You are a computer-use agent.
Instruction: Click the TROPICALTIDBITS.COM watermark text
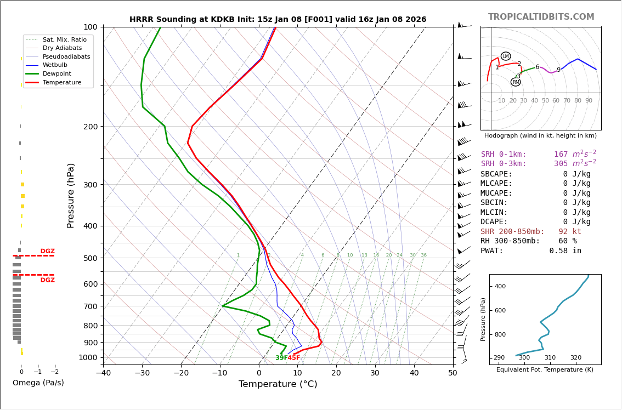541,17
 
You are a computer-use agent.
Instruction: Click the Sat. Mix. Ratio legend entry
64,39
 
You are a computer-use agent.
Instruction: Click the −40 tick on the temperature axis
103,373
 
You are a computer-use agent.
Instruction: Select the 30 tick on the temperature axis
375,373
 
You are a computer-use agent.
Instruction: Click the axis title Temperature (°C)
278,384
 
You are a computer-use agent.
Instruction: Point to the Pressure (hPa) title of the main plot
71,195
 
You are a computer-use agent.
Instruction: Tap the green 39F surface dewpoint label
281,358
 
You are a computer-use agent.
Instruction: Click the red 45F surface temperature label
294,358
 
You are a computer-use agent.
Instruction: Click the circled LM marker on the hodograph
506,56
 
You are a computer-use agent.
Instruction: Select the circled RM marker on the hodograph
516,82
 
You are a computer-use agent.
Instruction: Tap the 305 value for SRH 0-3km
561,164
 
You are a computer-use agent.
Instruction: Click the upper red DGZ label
47,252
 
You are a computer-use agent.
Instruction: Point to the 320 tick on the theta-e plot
575,358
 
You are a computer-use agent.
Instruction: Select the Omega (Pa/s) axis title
38,383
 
